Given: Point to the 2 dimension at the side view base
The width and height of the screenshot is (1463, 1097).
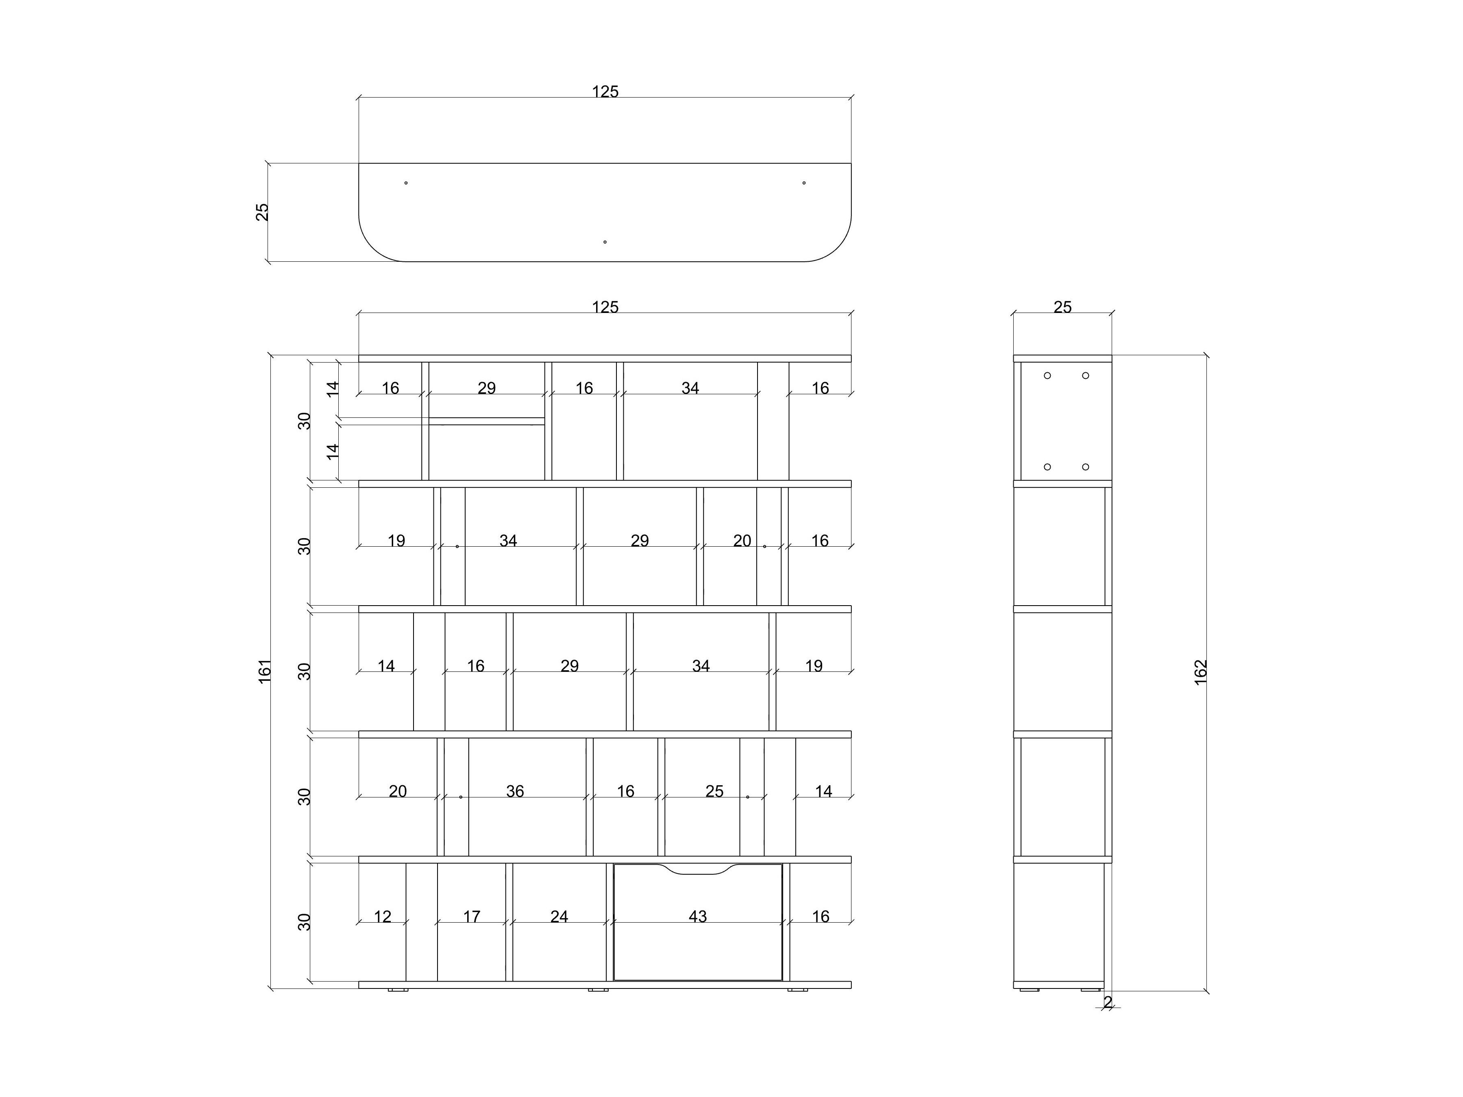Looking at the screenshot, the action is click(x=1108, y=1002).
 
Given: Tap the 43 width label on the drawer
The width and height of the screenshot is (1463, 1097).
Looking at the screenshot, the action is click(x=698, y=917).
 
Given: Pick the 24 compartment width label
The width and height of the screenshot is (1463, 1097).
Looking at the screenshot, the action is click(x=559, y=917).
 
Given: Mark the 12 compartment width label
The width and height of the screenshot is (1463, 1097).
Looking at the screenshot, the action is click(x=382, y=917).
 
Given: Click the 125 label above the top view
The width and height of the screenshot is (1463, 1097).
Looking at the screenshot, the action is click(x=605, y=92).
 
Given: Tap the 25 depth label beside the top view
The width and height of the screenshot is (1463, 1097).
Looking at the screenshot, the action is click(x=263, y=212).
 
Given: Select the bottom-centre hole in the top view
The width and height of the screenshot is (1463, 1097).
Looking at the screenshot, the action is click(x=605, y=242).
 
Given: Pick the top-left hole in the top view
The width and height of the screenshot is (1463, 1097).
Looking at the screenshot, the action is click(x=405, y=182).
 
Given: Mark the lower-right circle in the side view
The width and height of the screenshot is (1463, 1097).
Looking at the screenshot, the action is click(x=1085, y=467).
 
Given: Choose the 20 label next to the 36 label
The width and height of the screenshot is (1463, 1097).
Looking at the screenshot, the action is click(x=398, y=791).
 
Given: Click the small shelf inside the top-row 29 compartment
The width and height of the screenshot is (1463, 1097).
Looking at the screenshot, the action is click(x=487, y=421).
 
